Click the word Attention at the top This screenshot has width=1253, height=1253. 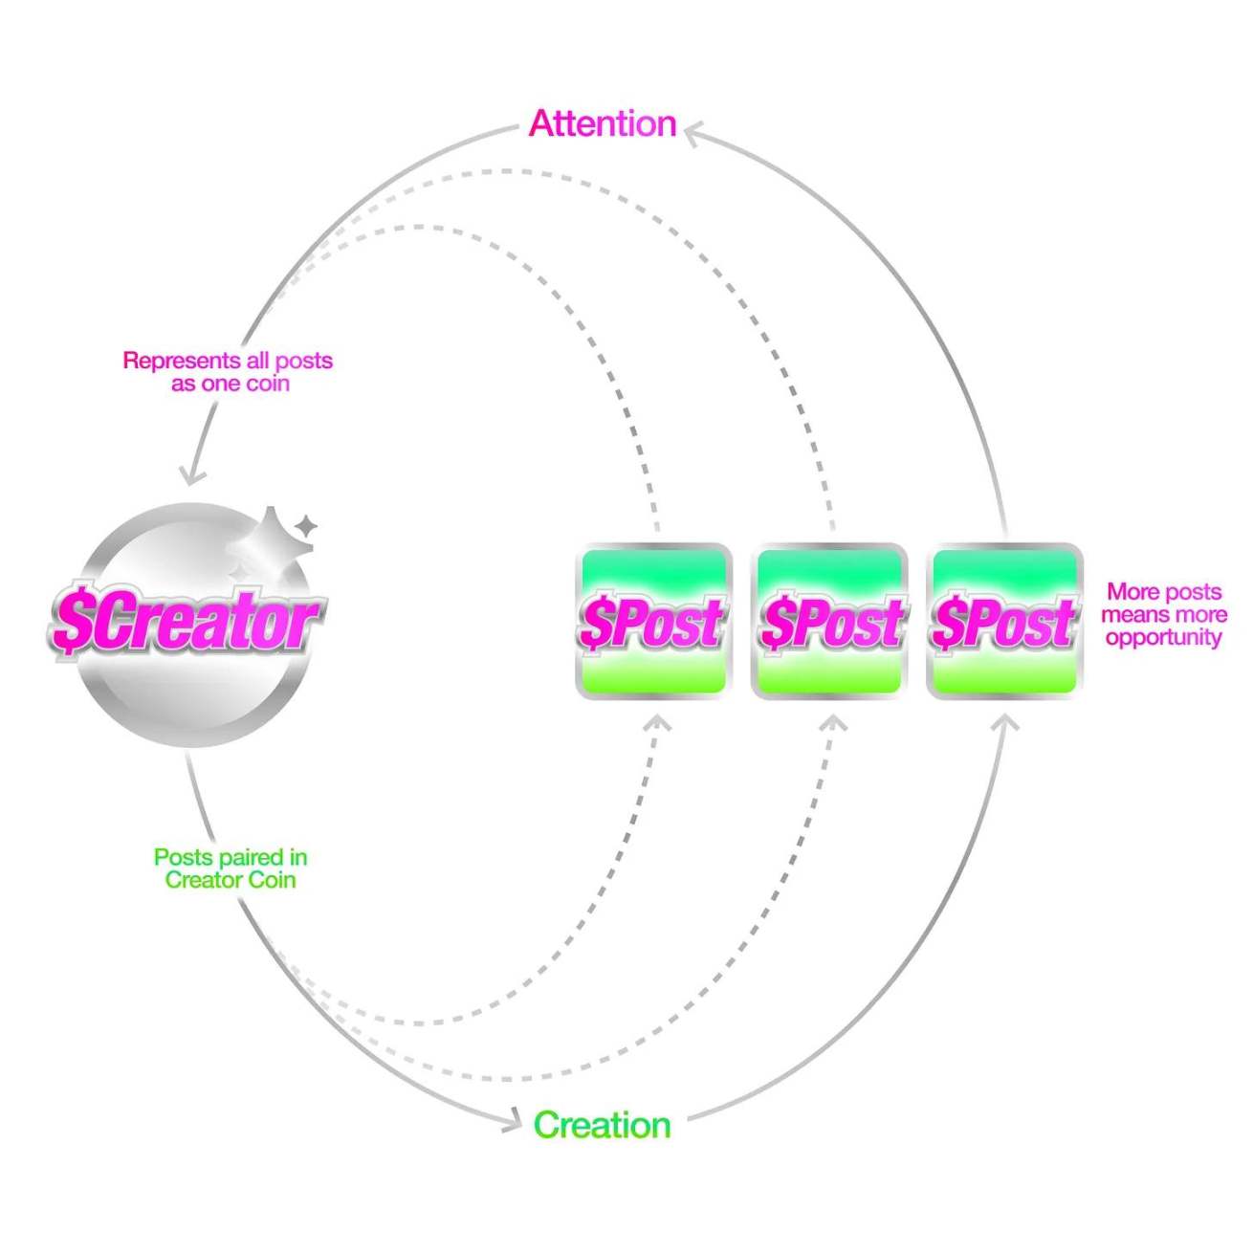click(603, 123)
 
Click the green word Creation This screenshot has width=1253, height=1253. click(602, 1125)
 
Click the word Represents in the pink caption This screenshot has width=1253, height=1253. click(182, 361)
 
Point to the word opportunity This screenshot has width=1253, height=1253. click(1164, 637)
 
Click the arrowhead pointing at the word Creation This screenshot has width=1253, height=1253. click(511, 1121)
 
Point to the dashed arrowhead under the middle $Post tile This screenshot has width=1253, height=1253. click(834, 723)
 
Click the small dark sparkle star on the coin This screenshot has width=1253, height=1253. click(306, 525)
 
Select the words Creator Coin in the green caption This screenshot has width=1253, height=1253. click(231, 880)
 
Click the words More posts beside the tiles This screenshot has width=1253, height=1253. click(1164, 591)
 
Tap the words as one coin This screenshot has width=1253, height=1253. click(231, 384)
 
